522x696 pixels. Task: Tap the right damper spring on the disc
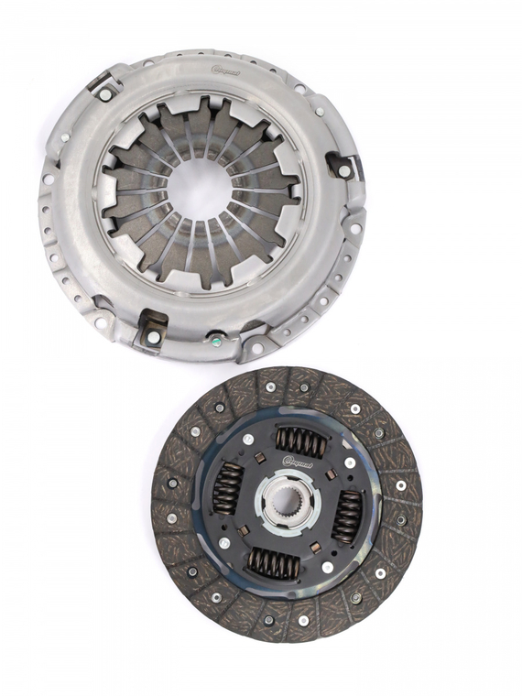pos(347,516)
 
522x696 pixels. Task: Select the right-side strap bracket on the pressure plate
pos(343,168)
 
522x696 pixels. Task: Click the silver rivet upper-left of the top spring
pos(247,440)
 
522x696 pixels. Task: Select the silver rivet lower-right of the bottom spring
pos(328,567)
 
